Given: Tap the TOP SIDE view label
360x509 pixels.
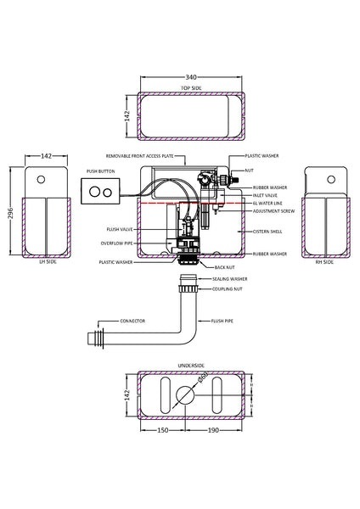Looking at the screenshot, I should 191,87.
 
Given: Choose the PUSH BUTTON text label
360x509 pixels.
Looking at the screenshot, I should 100,171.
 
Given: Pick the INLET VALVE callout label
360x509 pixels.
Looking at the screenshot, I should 264,195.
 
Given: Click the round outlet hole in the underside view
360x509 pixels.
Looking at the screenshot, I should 184,395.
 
